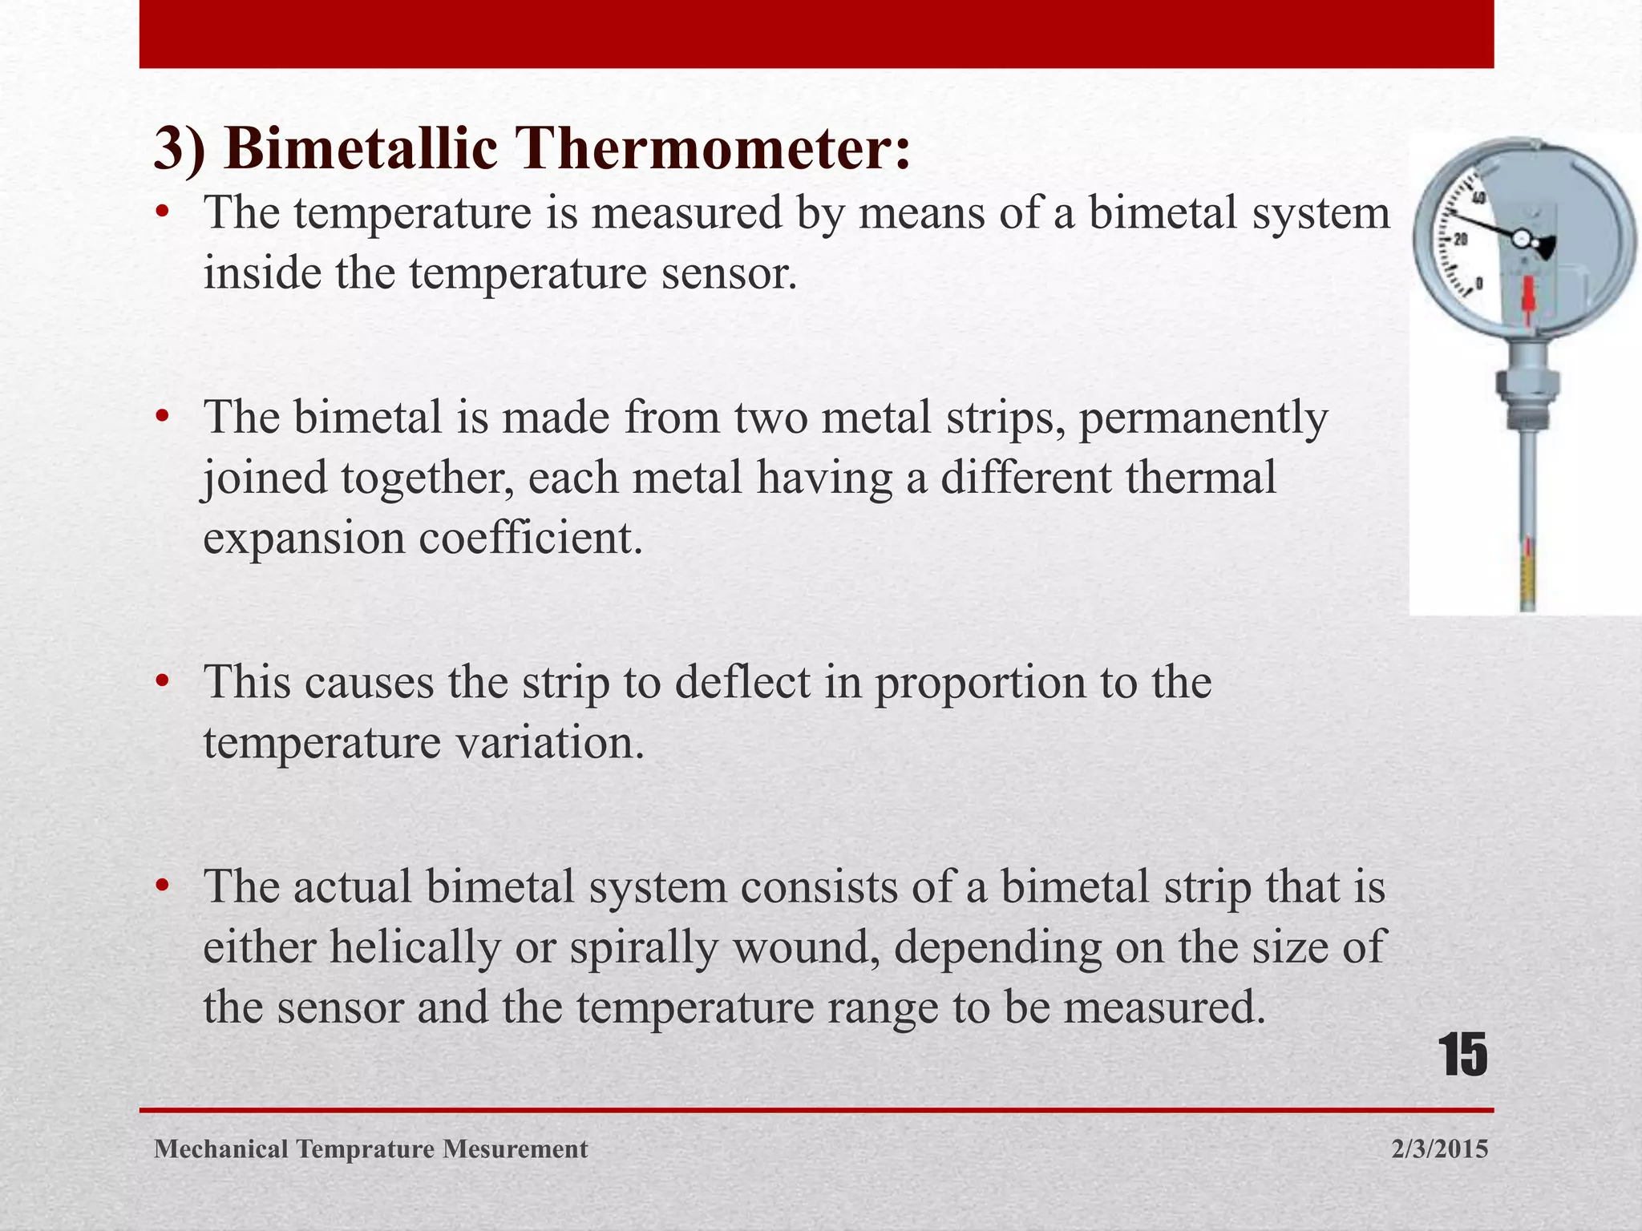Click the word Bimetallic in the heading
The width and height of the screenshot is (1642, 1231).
point(361,149)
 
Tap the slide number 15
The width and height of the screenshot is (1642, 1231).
point(1463,1055)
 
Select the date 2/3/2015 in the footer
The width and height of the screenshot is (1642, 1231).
point(1440,1149)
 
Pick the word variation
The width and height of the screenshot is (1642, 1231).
point(550,743)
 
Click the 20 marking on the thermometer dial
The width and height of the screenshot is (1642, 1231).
point(1461,239)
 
